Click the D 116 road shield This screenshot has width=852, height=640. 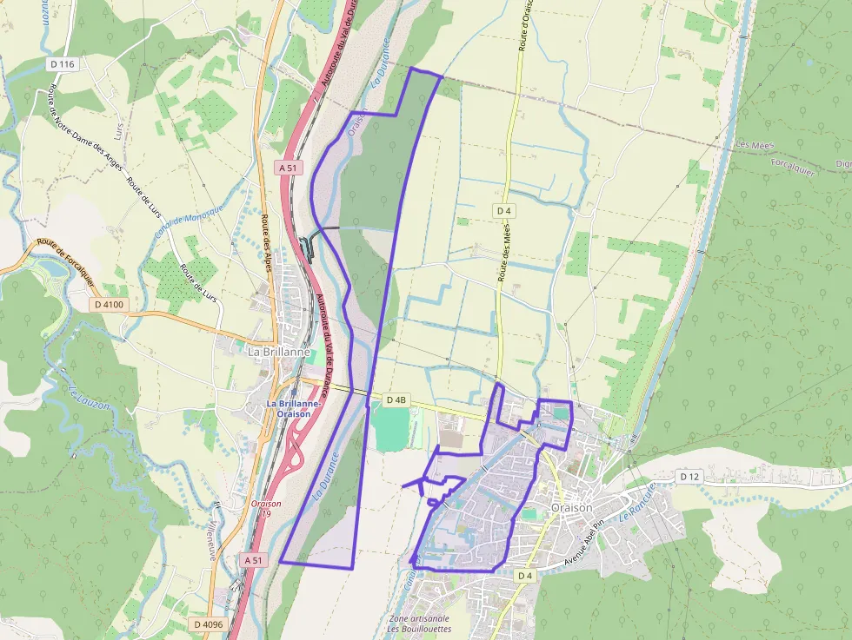[x=63, y=64]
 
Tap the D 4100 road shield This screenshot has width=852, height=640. [x=110, y=305]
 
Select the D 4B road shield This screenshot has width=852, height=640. [x=396, y=399]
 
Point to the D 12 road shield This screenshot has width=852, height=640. [x=689, y=477]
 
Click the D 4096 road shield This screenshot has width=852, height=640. [x=209, y=624]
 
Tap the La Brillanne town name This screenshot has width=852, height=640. [x=278, y=353]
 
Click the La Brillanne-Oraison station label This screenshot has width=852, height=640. [x=295, y=408]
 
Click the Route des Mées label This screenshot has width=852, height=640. [x=504, y=252]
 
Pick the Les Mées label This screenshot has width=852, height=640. [x=753, y=144]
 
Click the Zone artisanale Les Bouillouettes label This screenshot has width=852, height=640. [x=420, y=624]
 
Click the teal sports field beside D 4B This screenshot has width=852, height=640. [x=392, y=428]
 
